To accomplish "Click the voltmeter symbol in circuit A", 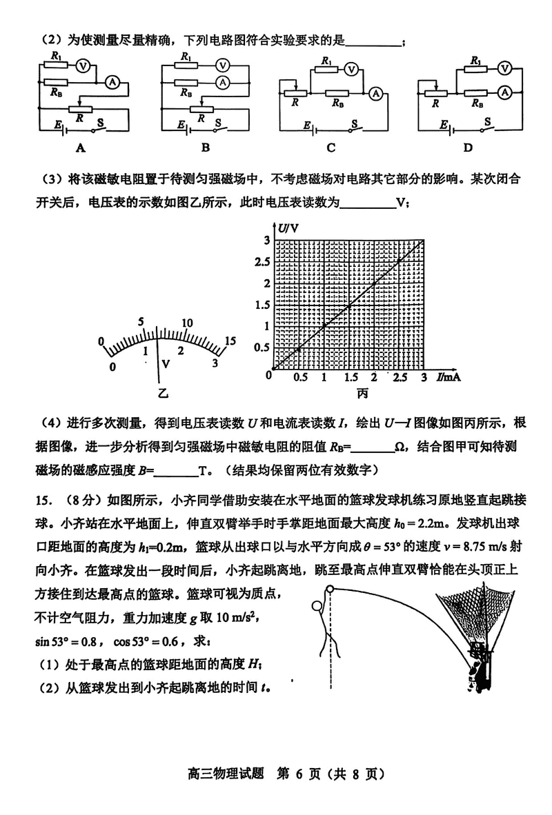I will coord(82,66).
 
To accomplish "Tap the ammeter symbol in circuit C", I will coord(376,93).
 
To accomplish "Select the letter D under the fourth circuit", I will coord(468,146).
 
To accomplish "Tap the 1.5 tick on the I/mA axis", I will coord(350,378).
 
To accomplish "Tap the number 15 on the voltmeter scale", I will coord(230,341).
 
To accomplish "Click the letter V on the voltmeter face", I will coord(164,363).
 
